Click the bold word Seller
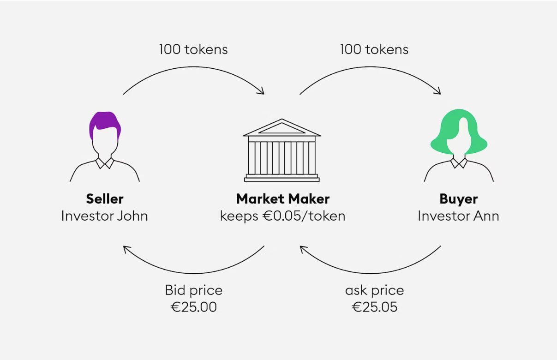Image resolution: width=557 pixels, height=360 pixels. click(x=105, y=199)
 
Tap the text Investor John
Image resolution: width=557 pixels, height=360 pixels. click(x=105, y=216)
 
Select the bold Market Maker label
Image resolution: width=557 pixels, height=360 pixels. click(x=282, y=199)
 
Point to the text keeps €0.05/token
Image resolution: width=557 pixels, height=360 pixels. click(x=282, y=216)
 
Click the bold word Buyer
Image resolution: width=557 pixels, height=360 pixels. click(x=458, y=199)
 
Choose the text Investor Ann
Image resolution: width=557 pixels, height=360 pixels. click(x=458, y=216)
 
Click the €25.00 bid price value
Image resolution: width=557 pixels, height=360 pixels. click(x=194, y=307)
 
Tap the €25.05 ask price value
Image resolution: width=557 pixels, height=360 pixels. click(x=374, y=307)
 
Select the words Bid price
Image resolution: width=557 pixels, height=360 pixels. click(x=194, y=290)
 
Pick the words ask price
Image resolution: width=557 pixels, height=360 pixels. click(x=374, y=290)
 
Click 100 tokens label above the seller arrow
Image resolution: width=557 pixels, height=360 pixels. click(x=193, y=49)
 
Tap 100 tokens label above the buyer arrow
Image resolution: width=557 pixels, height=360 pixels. click(x=374, y=49)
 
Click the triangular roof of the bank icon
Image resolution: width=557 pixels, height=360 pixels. click(x=282, y=128)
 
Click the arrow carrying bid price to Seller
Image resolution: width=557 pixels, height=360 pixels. click(x=193, y=272)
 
